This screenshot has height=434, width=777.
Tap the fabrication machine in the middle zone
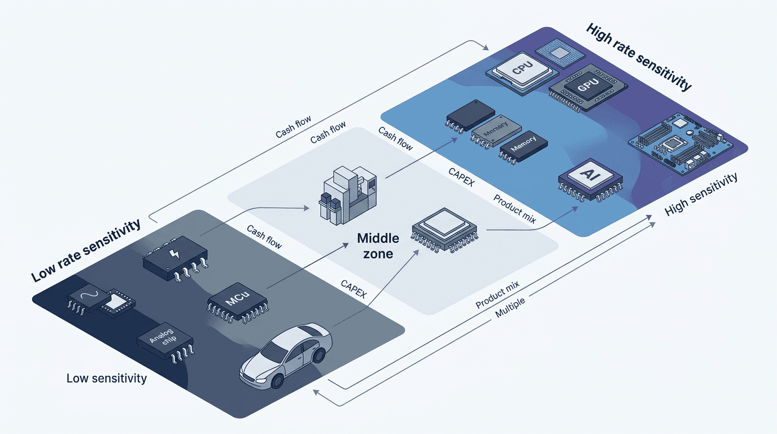point(344,195)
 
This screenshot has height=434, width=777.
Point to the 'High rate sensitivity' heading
point(639,57)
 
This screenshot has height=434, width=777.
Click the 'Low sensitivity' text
point(106,378)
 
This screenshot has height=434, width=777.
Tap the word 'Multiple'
point(510,308)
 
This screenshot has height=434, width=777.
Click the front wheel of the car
point(277,381)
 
